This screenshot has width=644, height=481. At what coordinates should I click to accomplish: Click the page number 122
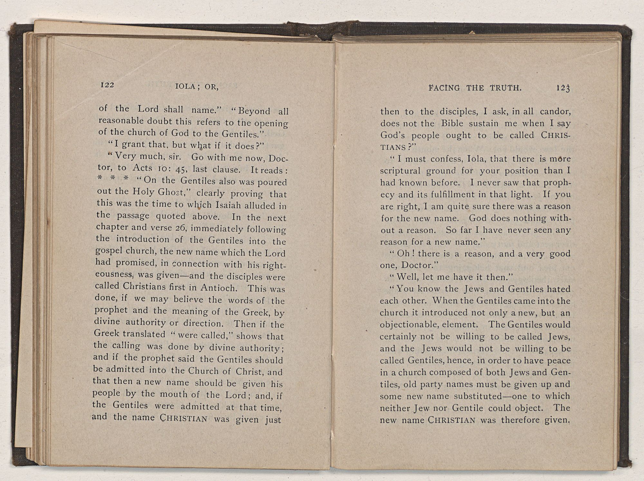[107, 85]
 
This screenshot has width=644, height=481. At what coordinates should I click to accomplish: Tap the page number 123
[563, 88]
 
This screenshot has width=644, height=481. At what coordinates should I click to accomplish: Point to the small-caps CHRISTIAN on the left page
[184, 419]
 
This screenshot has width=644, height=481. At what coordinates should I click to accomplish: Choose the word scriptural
[400, 171]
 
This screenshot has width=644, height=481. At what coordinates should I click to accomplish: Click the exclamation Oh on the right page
[403, 254]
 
